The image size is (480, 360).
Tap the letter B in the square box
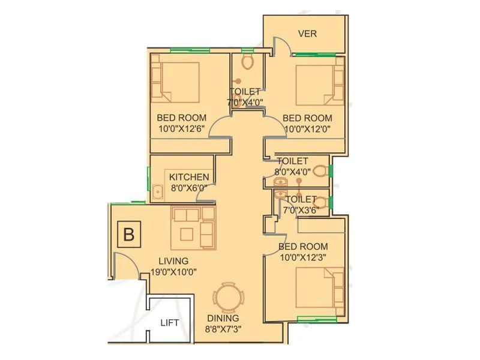[x=128, y=235]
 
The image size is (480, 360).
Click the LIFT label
[x=170, y=323]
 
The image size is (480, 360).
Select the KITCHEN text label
[x=189, y=177]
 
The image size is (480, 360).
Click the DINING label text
[x=223, y=318]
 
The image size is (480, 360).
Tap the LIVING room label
[x=173, y=261]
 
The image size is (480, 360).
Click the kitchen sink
[x=158, y=193]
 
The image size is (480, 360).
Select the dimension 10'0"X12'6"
[x=182, y=128]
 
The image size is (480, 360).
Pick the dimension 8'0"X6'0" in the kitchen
[x=189, y=188]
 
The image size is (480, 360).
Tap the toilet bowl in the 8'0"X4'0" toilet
[x=320, y=170]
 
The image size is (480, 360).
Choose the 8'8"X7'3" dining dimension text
[x=223, y=329]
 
